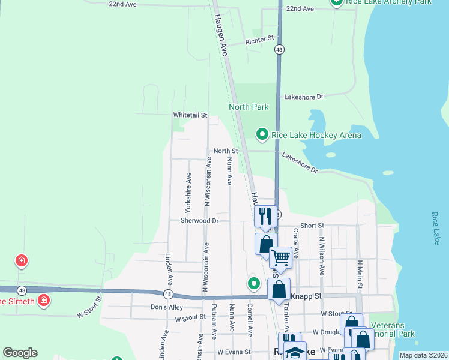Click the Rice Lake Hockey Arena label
[x=316, y=135]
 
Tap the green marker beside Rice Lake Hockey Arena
[x=262, y=134]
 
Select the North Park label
[x=249, y=107]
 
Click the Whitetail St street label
[x=190, y=115]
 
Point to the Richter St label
[x=259, y=42]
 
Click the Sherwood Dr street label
[x=200, y=221]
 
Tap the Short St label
[x=312, y=226]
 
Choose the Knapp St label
[x=308, y=296]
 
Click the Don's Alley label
[x=167, y=307]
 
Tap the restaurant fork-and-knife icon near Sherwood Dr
[x=265, y=215]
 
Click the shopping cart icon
[x=280, y=258]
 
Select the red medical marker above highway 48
[x=22, y=261]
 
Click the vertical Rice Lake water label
[x=436, y=227]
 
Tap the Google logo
[x=20, y=353]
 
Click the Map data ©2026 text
[x=423, y=355]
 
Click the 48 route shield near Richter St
[x=279, y=50]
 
